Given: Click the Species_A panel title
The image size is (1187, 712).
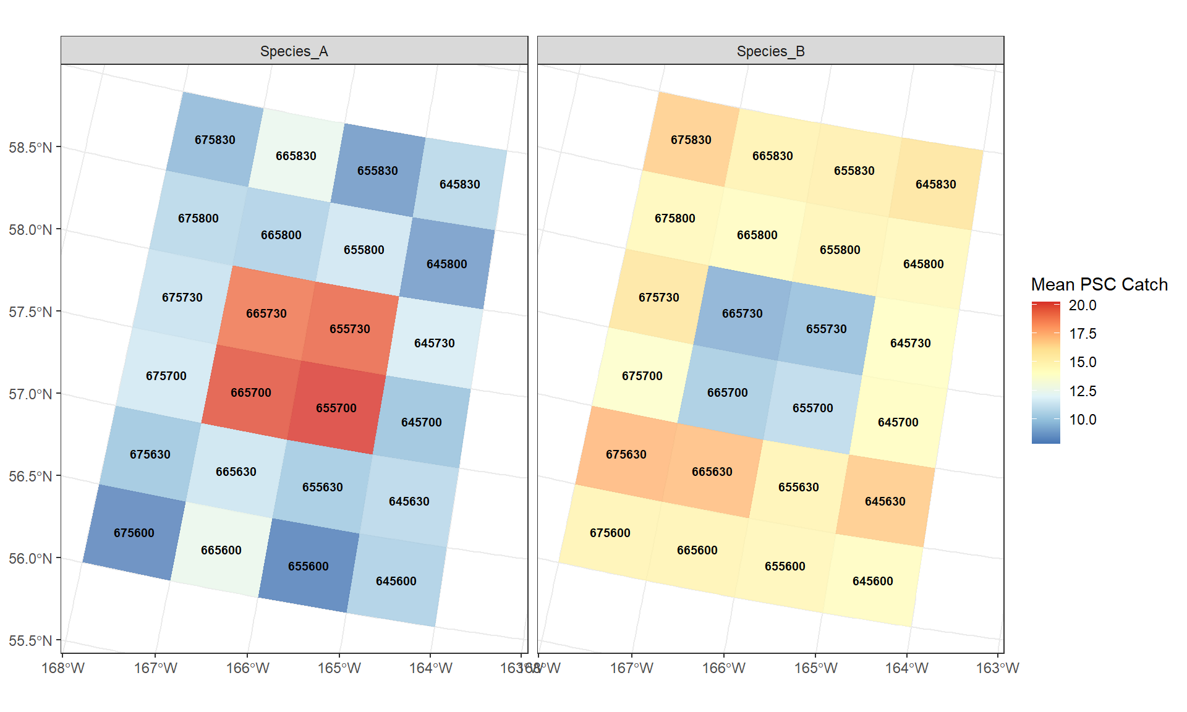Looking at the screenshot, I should pos(294,51).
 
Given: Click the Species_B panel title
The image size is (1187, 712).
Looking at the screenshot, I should pos(770,51).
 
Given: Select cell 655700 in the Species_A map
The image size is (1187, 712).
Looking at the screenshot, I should pos(336,408).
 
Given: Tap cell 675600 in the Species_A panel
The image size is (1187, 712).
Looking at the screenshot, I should pos(134,533).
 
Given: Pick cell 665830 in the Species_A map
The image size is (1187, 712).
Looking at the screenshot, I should pos(296,156).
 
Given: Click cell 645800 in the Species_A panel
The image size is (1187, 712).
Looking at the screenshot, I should pos(447,264).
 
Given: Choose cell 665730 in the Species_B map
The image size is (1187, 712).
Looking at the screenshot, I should pos(742,313).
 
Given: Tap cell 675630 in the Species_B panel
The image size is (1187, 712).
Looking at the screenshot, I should pos(626,454).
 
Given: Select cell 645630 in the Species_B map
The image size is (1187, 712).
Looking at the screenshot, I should pos(885,501).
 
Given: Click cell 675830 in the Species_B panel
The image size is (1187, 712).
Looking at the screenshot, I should pos(691,140).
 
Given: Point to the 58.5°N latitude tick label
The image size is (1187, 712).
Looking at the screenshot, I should pos(30,148).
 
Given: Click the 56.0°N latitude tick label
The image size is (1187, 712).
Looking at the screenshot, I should pos(30,559).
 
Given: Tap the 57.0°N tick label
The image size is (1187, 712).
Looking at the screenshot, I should pos(30,394).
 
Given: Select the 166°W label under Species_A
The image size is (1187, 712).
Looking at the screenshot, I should pos(248,668).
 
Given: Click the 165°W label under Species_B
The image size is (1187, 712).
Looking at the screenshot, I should pos(816,668).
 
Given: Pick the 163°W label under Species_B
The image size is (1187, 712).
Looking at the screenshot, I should pos(997,668).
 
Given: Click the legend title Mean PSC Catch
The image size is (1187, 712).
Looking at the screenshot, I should pos(1099,284).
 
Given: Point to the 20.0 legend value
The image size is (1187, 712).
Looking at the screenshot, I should pos(1083,305).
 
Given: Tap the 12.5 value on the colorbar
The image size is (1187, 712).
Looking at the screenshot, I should pos(1083,391).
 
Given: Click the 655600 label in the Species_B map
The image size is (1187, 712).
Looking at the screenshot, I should pos(785,566).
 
